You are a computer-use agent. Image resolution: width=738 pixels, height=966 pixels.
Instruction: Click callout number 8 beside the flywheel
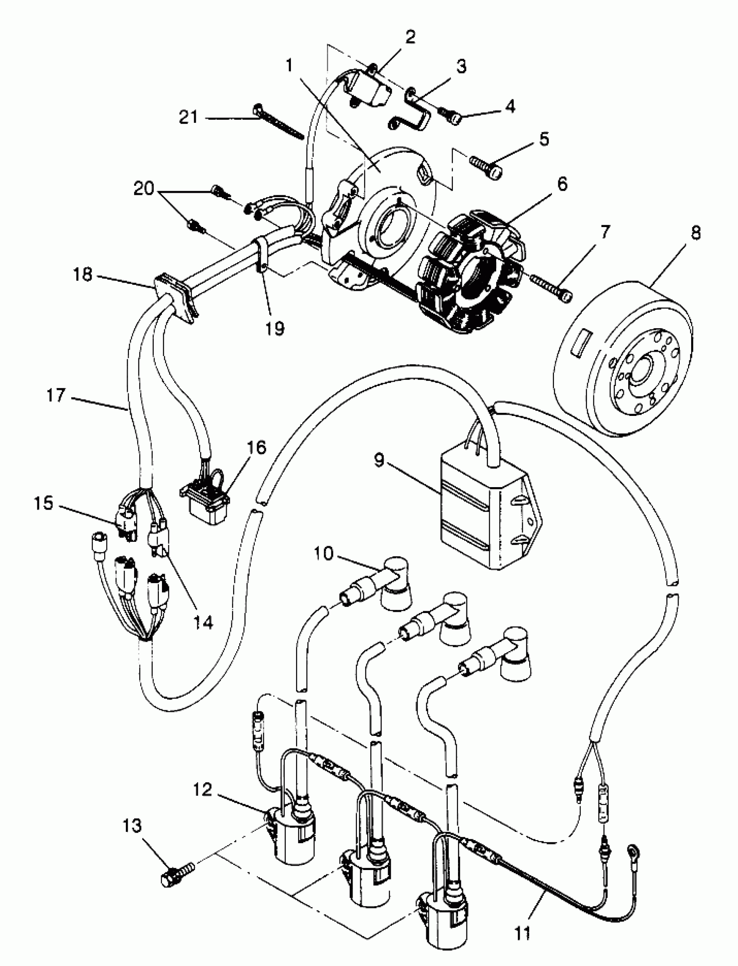[x=695, y=233]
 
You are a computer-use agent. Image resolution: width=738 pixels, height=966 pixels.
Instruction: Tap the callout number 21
[x=189, y=117]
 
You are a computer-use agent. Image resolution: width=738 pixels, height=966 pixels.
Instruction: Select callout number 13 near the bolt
[x=132, y=826]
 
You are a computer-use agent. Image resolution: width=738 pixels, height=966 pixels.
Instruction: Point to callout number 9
[x=379, y=460]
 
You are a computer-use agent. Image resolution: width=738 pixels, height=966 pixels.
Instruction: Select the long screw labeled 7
[x=549, y=287]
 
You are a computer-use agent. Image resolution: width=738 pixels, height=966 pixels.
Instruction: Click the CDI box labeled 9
[x=488, y=514]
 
